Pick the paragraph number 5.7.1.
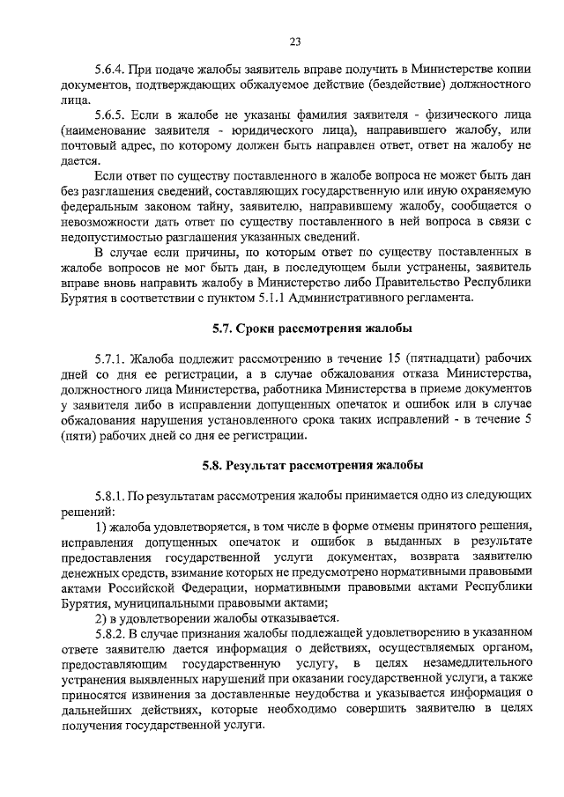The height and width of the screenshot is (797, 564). pyautogui.click(x=111, y=359)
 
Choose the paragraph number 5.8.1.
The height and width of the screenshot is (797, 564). pyautogui.click(x=111, y=496)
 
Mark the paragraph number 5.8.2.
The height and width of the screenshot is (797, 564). pyautogui.click(x=111, y=633)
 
